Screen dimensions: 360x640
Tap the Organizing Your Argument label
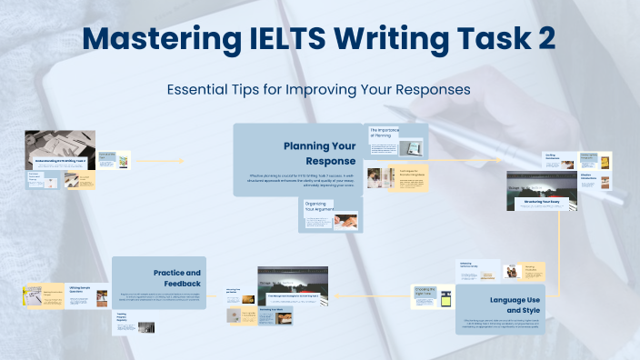[315, 207]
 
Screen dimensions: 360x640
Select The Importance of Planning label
[384, 133]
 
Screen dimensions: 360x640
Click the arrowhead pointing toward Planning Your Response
[181, 161]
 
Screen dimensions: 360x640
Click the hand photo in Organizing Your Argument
[345, 220]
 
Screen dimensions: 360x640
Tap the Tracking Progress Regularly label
[125, 318]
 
